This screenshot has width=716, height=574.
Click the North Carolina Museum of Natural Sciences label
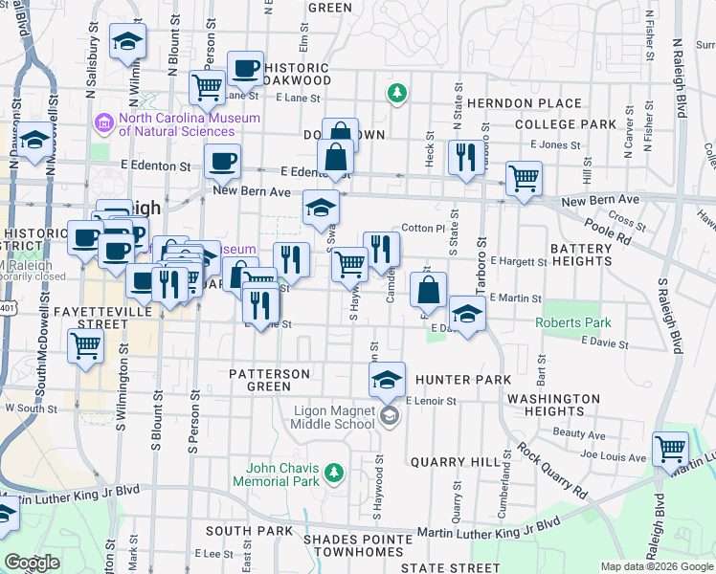189,124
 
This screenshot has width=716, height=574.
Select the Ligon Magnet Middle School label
321,417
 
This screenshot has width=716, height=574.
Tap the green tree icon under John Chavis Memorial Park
333,472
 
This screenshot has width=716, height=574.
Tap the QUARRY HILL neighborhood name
449,461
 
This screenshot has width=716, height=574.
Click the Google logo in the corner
32,563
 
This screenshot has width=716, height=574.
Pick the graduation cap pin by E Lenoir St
387,379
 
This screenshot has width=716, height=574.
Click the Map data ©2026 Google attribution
656,566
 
